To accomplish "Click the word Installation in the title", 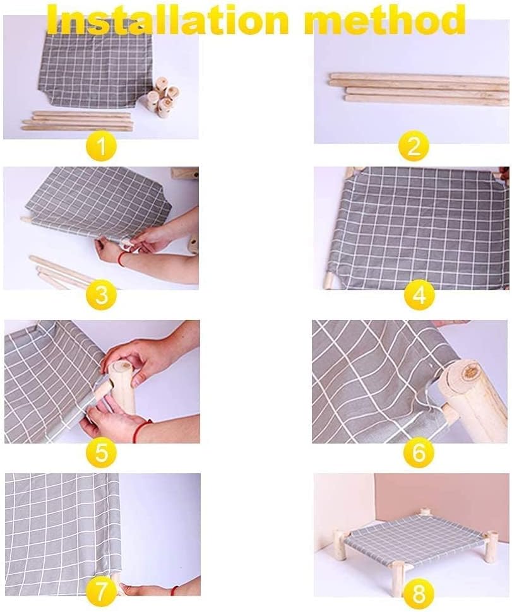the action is click(167, 20).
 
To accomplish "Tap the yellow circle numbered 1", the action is click(101, 146).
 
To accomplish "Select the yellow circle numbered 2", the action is click(414, 146).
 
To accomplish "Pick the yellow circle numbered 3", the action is click(102, 295).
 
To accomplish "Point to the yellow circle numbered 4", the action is click(419, 295).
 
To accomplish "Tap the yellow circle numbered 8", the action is click(419, 594).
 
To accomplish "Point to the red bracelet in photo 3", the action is click(122, 258).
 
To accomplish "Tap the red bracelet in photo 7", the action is click(176, 590).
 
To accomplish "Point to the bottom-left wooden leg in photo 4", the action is click(329, 280).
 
